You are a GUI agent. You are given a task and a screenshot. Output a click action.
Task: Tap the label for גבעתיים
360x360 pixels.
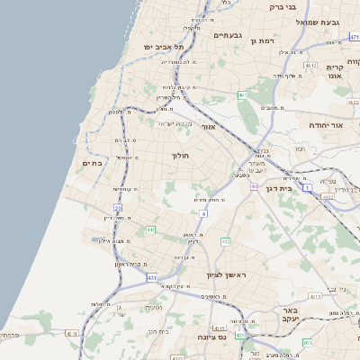tap(229, 36)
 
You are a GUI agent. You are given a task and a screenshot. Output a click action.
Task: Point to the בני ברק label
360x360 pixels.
tap(282, 7)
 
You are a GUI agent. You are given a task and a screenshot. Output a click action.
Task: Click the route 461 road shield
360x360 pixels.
tap(242, 94)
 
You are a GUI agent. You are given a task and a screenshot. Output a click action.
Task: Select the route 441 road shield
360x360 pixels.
tap(150, 231)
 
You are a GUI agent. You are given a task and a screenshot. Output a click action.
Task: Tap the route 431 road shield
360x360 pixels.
tap(152, 278)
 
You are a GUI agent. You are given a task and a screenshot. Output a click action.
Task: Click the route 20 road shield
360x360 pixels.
tap(118, 209)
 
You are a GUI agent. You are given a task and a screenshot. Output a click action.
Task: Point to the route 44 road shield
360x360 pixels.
tap(255, 186)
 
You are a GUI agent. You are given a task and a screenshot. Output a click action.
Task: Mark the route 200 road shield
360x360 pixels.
tap(307, 342)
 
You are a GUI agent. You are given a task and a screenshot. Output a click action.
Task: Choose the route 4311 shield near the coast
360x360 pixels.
tap(71, 333)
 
